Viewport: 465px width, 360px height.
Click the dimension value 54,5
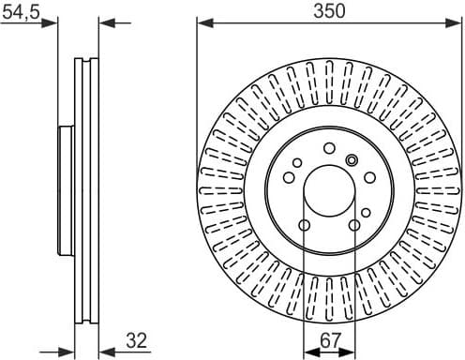point(20,10)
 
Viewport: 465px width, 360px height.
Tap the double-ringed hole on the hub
point(352,158)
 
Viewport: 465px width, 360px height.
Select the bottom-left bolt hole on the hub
point(303,225)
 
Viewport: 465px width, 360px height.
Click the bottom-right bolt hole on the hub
point(352,225)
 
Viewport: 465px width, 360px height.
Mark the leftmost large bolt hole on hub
point(287,177)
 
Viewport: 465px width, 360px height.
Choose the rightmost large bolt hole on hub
point(368,177)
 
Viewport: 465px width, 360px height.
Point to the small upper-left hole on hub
point(297,163)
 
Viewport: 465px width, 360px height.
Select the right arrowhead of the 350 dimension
point(454,22)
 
